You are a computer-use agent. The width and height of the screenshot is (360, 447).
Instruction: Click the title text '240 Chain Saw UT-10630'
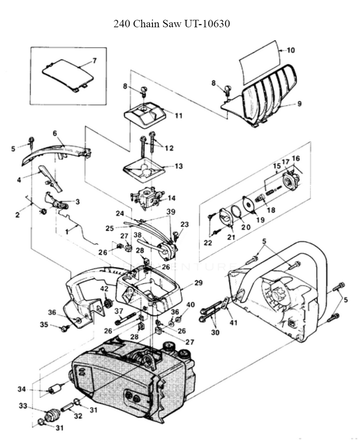pyautogui.click(x=172, y=24)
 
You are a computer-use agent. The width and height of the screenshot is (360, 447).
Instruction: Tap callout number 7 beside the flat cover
pyautogui.click(x=95, y=61)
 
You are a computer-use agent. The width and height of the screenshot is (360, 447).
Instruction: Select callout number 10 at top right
pyautogui.click(x=291, y=50)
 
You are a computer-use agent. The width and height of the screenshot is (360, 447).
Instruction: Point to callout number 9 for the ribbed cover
pyautogui.click(x=299, y=104)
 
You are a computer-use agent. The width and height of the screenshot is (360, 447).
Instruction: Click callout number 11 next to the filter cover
pyautogui.click(x=179, y=116)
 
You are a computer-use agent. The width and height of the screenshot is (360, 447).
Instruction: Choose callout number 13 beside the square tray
pyautogui.click(x=179, y=166)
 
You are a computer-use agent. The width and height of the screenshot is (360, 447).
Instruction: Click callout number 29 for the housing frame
pyautogui.click(x=198, y=283)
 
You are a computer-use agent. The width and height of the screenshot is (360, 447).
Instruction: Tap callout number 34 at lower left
pyautogui.click(x=22, y=389)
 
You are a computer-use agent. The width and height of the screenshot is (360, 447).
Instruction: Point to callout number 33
pyautogui.click(x=23, y=406)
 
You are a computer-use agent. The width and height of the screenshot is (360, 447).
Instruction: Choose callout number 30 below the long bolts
pyautogui.click(x=215, y=333)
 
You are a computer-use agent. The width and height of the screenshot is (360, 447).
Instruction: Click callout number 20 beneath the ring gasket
pyautogui.click(x=246, y=227)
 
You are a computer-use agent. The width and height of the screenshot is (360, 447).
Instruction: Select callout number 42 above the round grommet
pyautogui.click(x=104, y=289)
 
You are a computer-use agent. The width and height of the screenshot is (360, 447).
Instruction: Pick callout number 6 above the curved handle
pyautogui.click(x=55, y=134)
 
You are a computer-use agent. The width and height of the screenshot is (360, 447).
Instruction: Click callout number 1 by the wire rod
pyautogui.click(x=67, y=232)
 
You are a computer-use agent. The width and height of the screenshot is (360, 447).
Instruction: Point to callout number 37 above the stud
pyautogui.click(x=119, y=311)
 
